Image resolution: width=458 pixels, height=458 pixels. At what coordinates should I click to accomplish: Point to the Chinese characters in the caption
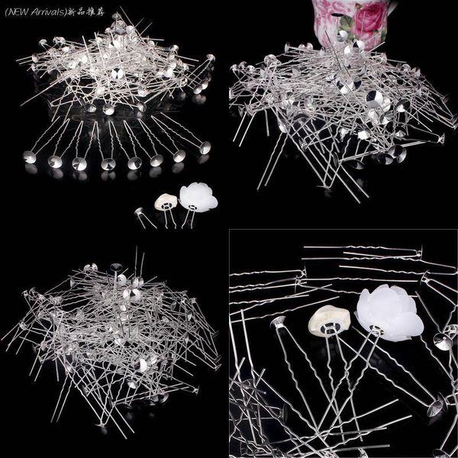click(85, 12)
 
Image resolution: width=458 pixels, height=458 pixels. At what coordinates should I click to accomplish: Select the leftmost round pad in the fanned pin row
click(30, 157)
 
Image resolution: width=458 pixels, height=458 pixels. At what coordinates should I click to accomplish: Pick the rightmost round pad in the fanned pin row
click(205, 148)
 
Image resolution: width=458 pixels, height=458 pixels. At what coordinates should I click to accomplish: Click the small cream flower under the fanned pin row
click(166, 202)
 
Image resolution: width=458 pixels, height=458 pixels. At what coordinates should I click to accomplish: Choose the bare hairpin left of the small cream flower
click(144, 218)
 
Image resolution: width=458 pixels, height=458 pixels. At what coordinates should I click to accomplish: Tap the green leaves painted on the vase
click(347, 23)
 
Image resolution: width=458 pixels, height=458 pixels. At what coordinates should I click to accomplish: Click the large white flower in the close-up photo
click(389, 313)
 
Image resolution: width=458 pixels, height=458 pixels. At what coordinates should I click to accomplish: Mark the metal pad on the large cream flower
click(330, 327)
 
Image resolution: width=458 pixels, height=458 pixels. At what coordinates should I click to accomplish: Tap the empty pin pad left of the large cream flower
click(278, 322)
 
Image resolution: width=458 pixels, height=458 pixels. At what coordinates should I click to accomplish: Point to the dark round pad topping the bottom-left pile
click(116, 267)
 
